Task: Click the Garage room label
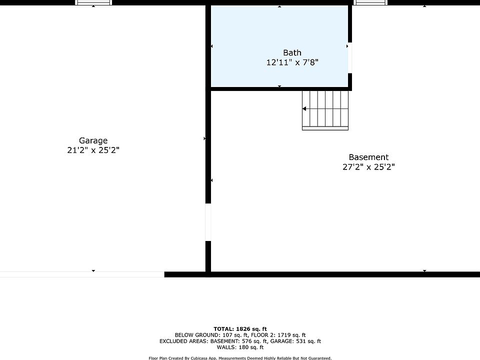pos(93,141)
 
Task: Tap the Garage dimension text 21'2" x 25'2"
pos(93,150)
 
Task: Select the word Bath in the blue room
pos(292,52)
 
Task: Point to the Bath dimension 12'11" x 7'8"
pos(292,62)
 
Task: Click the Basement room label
pos(368,157)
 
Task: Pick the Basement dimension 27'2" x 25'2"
pos(368,167)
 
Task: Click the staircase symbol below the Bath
pos(325,110)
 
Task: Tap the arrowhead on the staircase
pos(304,108)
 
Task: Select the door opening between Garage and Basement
pos(208,222)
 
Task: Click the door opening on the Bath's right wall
pos(350,58)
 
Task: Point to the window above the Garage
pos(93,2)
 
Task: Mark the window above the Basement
pos(370,2)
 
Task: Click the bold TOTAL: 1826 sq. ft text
pos(240,329)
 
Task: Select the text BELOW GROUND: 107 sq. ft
pos(211,335)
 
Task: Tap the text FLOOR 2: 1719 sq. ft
pos(278,335)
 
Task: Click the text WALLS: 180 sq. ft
pos(240,347)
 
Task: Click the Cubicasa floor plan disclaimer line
pos(240,358)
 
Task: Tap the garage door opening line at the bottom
pos(82,274)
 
